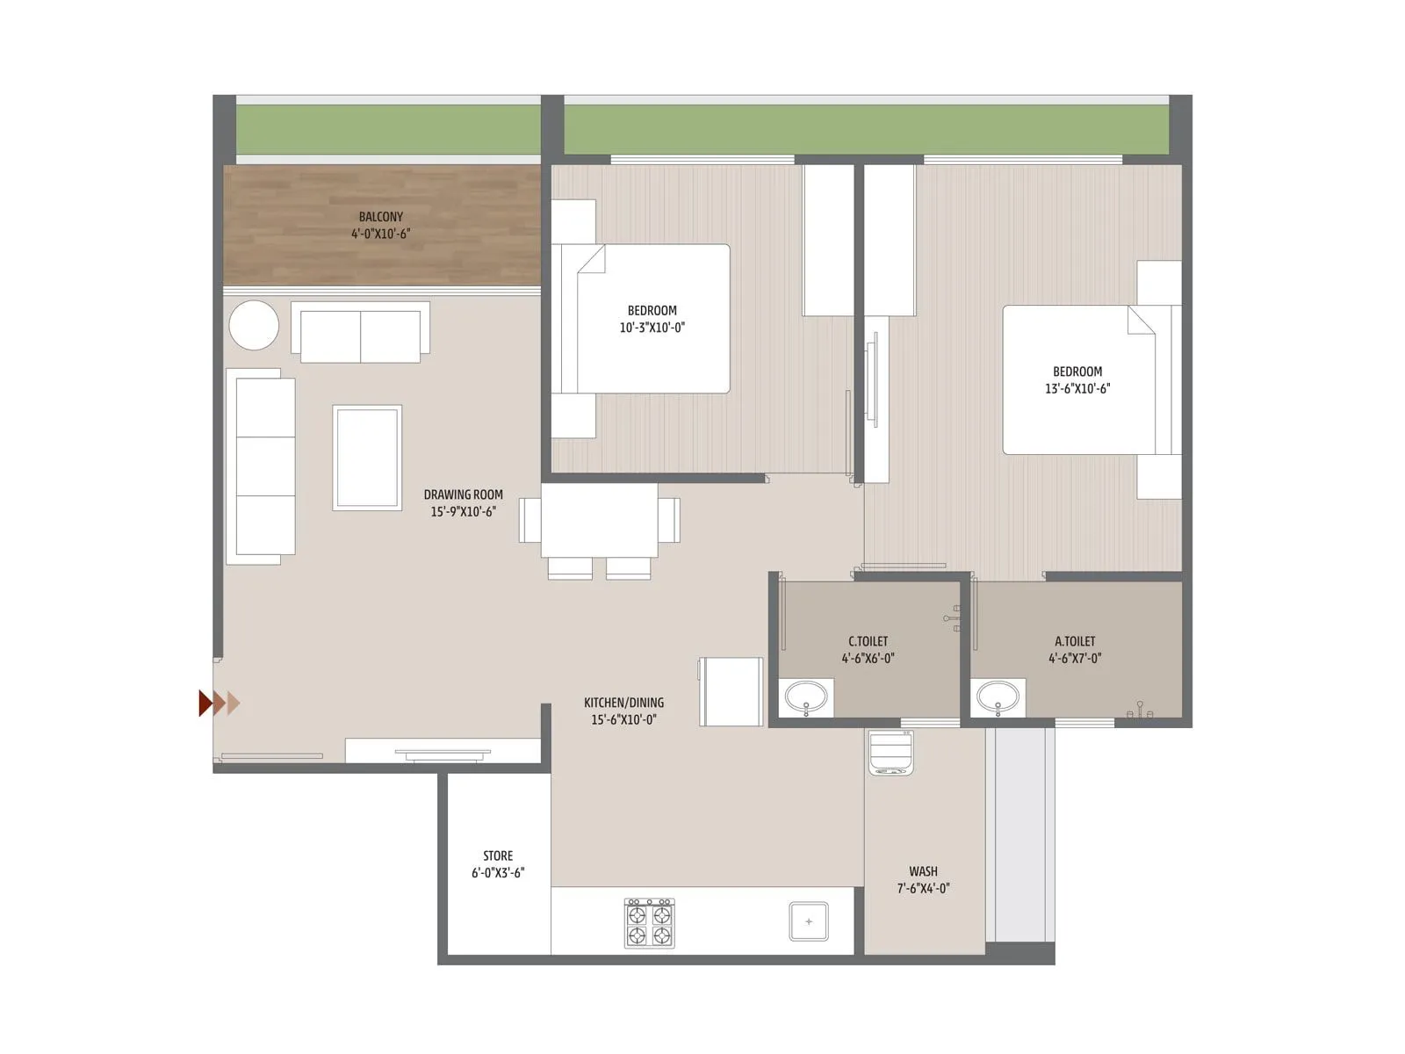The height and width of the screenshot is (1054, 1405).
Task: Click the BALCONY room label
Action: (380, 217)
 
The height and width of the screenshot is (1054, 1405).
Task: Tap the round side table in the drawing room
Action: (254, 326)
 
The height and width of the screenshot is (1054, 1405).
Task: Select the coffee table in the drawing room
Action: (367, 457)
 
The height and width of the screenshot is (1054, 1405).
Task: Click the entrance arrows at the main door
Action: (220, 703)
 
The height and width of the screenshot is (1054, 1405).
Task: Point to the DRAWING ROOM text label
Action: (463, 495)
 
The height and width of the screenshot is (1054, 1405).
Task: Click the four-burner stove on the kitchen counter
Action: (649, 922)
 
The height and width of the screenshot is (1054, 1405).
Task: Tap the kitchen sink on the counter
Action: (808, 921)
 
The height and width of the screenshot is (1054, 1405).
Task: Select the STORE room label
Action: (498, 855)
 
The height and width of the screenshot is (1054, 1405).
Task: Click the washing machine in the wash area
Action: (892, 753)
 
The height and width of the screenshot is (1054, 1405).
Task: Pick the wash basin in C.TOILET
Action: (806, 699)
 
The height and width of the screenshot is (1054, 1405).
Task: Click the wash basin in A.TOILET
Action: (998, 699)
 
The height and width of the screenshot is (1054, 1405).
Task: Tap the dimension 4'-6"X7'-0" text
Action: (1075, 658)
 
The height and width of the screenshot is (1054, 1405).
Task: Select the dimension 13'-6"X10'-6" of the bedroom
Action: (1077, 388)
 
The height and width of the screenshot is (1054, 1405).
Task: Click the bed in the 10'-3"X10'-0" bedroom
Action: (652, 319)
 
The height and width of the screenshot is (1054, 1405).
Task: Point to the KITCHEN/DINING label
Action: (623, 703)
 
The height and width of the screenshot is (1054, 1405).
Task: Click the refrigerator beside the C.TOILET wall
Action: (731, 691)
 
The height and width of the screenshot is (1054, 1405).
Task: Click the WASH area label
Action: (923, 871)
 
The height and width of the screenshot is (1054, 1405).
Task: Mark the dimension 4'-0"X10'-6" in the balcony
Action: (380, 234)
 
